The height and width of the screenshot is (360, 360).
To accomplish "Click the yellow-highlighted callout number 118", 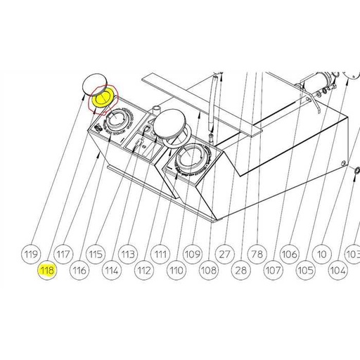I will (47, 270).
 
